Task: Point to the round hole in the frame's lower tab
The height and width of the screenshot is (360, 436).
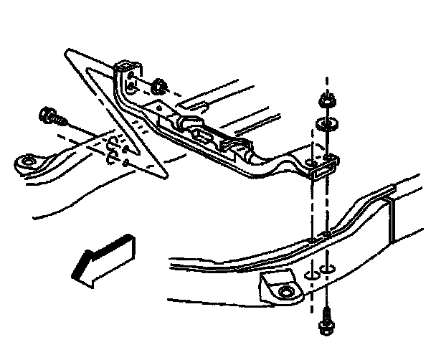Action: click(x=285, y=291)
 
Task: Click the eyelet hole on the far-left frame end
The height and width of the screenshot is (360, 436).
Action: click(x=29, y=161)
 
